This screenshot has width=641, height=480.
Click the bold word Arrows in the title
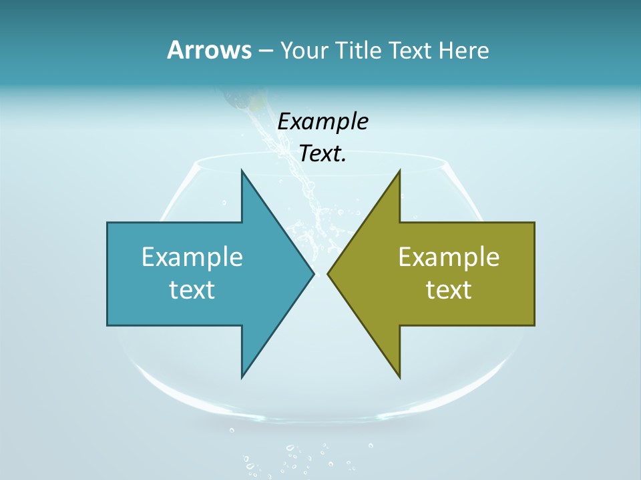click(x=208, y=50)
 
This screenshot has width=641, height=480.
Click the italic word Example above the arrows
click(x=323, y=121)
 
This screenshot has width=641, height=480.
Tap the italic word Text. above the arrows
click(x=323, y=154)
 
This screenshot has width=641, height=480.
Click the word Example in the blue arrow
click(x=192, y=257)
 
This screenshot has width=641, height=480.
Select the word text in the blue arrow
click(x=192, y=290)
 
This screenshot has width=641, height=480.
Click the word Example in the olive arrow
click(x=449, y=257)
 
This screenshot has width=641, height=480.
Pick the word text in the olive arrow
click(x=449, y=290)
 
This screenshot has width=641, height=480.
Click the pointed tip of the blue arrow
click(x=313, y=273)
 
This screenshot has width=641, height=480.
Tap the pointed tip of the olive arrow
click(x=328, y=273)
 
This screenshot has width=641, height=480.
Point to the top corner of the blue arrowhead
click(x=242, y=171)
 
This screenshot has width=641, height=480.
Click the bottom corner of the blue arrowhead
click(x=242, y=377)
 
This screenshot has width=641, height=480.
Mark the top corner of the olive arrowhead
click(x=399, y=171)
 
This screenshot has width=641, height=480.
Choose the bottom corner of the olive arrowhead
click(x=399, y=377)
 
